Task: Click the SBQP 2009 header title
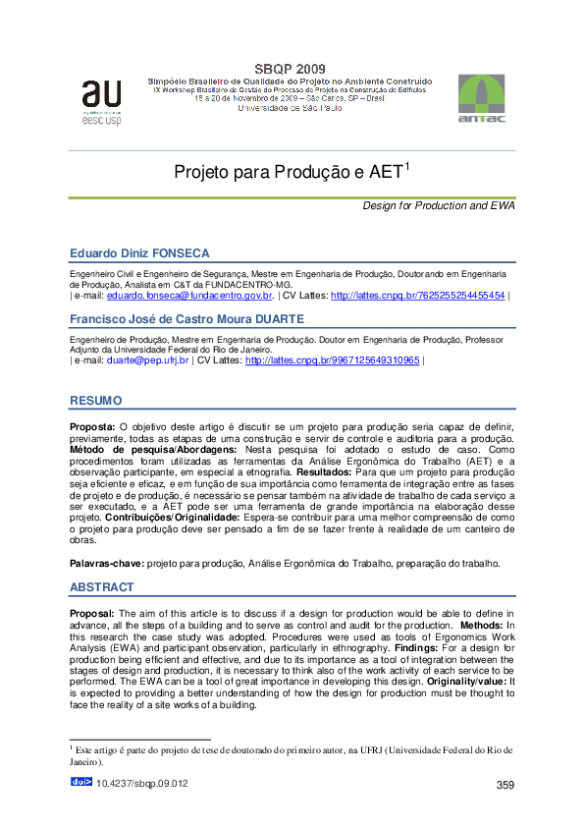click(289, 67)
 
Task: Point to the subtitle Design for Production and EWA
click(439, 205)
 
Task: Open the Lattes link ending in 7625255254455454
click(418, 295)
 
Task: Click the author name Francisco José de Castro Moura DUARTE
click(187, 319)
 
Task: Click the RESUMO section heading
click(95, 401)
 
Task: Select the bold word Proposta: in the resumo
click(92, 428)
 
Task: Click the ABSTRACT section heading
click(101, 587)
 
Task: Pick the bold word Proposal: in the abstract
click(92, 612)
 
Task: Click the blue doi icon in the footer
click(81, 782)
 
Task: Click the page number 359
click(505, 784)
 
